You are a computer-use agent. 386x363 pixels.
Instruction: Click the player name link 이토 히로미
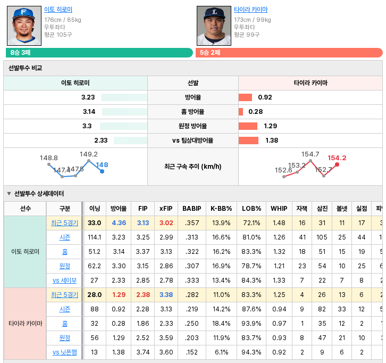[x=58, y=10]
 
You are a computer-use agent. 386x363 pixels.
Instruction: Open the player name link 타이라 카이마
[x=250, y=10]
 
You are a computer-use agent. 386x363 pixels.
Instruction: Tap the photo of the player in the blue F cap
[x=24, y=26]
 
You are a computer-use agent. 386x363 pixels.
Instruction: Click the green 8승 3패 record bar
[x=99, y=53]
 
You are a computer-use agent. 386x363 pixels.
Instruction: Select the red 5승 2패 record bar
[x=289, y=53]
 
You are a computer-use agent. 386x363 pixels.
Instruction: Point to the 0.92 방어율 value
[x=265, y=97]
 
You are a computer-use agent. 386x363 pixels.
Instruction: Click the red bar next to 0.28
[x=241, y=112]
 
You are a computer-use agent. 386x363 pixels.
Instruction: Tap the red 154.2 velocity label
[x=337, y=158]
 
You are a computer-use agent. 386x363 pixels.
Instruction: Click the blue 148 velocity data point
[x=102, y=171]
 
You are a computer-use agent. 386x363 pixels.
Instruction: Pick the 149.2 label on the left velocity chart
[x=89, y=154]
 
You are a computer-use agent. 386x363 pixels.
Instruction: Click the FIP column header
[x=143, y=209]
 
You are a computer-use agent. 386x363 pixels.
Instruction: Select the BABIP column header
[x=192, y=209]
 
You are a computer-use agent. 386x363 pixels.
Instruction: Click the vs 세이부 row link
[x=64, y=280]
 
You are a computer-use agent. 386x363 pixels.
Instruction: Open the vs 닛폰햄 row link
[x=64, y=352]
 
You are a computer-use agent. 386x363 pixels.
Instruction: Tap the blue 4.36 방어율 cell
[x=119, y=223]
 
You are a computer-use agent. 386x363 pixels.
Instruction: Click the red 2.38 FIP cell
[x=143, y=295]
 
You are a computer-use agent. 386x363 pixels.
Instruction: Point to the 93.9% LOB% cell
[x=251, y=323]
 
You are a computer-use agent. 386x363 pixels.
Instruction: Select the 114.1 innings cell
[x=95, y=237]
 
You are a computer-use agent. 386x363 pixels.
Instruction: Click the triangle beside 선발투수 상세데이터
[x=9, y=193]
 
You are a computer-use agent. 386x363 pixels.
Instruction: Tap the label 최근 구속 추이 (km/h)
[x=193, y=167]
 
